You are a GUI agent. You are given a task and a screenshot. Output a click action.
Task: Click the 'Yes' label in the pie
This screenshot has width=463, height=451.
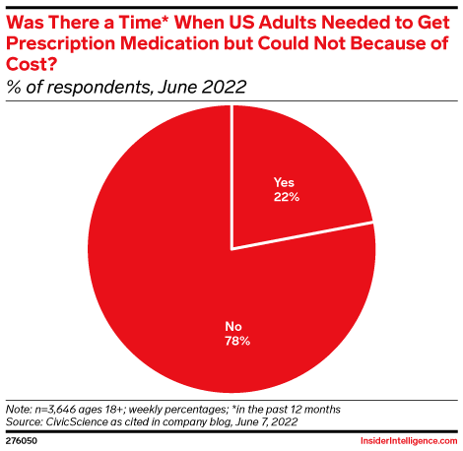tap(283, 182)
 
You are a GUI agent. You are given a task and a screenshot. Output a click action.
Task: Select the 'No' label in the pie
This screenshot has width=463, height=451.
tap(235, 326)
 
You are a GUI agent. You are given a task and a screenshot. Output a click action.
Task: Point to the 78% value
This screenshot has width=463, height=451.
tap(235, 341)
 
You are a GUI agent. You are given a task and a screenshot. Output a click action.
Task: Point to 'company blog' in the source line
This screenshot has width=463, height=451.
tap(184, 419)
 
